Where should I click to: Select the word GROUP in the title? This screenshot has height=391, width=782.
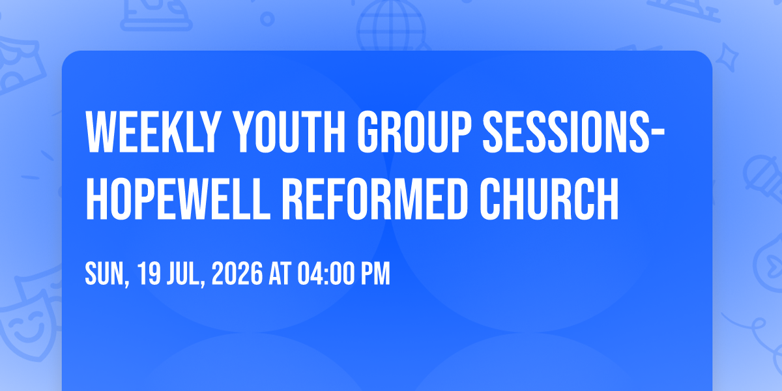[x=414, y=132]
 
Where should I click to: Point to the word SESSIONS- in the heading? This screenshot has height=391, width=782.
[x=573, y=132]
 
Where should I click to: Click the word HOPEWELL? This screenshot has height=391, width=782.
[x=178, y=199]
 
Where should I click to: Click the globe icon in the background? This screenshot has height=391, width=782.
[x=391, y=26]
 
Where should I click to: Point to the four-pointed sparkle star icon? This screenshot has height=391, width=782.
[x=727, y=57]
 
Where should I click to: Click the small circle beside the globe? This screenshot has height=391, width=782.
[x=267, y=19]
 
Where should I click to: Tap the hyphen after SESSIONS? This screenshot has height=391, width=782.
[x=658, y=134]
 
